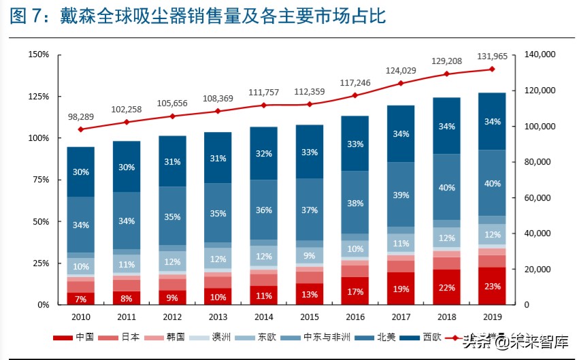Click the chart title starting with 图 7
click(198, 16)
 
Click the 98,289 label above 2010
click(81, 117)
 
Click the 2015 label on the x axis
click(310, 316)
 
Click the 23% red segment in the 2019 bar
click(492, 287)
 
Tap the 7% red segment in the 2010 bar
click(81, 299)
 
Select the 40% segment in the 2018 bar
click(446, 187)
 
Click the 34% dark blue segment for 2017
click(401, 134)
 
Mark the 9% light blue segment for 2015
click(310, 256)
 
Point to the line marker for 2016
click(355, 95)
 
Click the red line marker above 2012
click(172, 116)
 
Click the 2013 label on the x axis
click(218, 316)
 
